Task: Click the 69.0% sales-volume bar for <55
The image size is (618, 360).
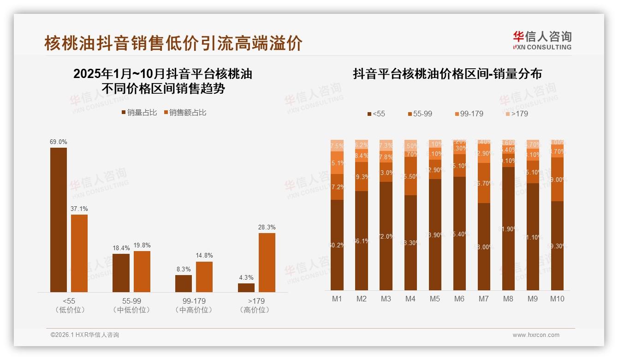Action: (59, 220)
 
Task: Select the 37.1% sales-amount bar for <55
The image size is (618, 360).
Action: (79, 253)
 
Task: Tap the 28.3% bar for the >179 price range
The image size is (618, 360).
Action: (267, 262)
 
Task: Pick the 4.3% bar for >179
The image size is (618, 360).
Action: (246, 287)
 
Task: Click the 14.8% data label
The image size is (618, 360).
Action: (204, 256)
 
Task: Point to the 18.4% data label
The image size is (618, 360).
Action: (121, 248)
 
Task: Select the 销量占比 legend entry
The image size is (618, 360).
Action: (139, 113)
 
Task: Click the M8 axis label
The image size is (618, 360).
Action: (508, 299)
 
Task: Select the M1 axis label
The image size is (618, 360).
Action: (337, 299)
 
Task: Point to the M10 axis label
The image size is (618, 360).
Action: (557, 299)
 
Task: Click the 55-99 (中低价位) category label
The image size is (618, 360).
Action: (131, 305)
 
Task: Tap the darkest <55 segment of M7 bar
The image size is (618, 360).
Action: (484, 246)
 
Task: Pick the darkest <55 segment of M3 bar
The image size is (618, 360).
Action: (386, 236)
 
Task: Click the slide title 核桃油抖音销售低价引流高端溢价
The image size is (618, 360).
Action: (173, 43)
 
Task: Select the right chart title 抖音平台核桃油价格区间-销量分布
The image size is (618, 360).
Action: (447, 74)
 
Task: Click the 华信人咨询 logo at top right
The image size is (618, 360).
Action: (542, 40)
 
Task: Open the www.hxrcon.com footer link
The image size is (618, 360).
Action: (536, 335)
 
